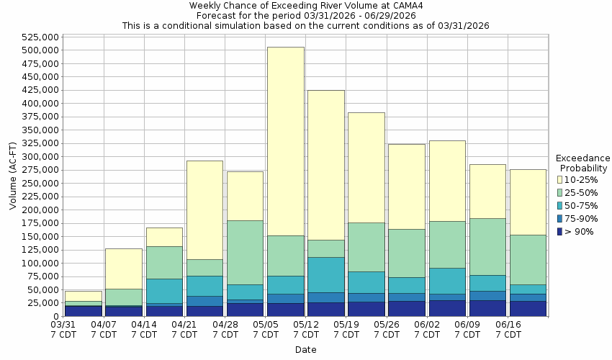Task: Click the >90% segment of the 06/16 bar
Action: [x=528, y=308]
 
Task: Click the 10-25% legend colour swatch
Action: [x=559, y=179]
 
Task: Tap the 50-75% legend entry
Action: [x=580, y=205]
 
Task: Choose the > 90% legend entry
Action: [x=580, y=231]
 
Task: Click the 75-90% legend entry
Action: [x=580, y=218]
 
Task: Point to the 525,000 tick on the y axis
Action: [x=40, y=37]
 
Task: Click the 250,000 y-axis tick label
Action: [x=40, y=183]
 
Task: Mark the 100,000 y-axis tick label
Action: [x=40, y=263]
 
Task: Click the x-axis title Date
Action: [x=305, y=350]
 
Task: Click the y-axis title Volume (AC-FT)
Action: [x=13, y=176]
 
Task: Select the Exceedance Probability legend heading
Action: [x=583, y=163]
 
